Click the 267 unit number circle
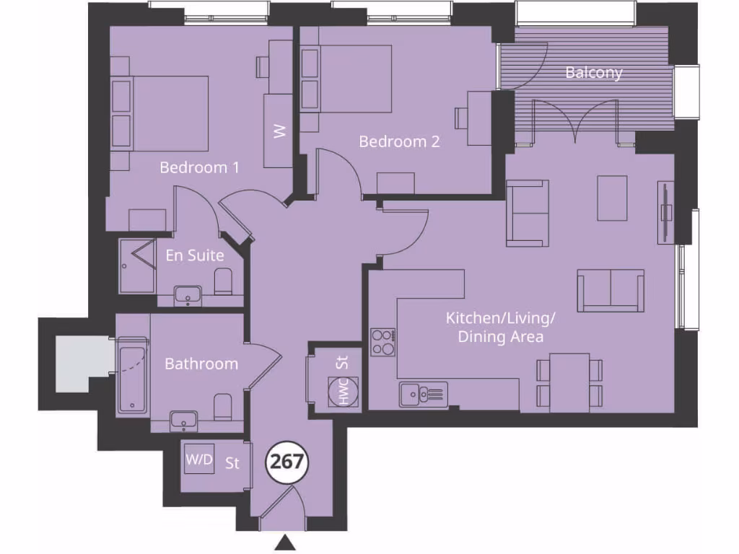[x=288, y=462]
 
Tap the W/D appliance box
[x=199, y=460]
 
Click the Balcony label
[x=593, y=73]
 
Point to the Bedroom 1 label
[x=199, y=167]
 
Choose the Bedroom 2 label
[x=398, y=141]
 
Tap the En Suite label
[x=195, y=255]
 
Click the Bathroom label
[x=201, y=364]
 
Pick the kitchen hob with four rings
[x=382, y=342]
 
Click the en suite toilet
[x=224, y=282]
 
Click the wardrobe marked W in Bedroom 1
[x=279, y=131]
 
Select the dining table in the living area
[x=569, y=382]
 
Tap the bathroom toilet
[x=223, y=407]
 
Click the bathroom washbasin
[x=185, y=419]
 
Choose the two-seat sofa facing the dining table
[x=611, y=291]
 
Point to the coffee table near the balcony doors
[x=612, y=198]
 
